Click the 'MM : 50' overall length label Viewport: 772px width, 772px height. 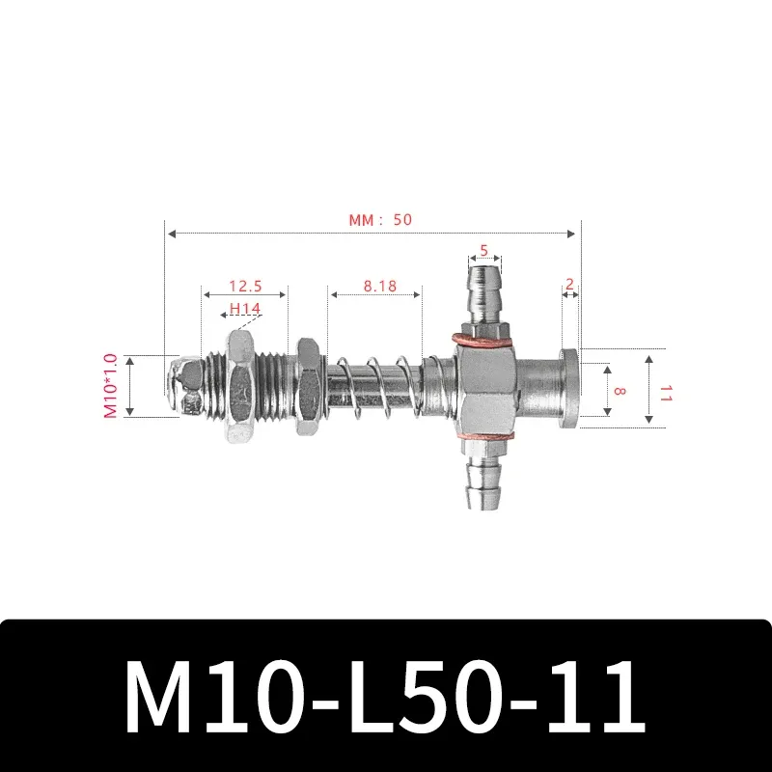(x=380, y=220)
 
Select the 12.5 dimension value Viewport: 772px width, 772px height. (x=245, y=288)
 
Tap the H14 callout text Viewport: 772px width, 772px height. (x=245, y=309)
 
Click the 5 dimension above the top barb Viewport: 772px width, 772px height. (x=484, y=249)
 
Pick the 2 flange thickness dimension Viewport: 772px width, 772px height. (x=570, y=284)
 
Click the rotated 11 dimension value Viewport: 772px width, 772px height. (x=664, y=392)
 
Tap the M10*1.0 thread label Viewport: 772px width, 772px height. (x=110, y=386)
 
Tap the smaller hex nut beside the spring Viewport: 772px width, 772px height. (x=309, y=386)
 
